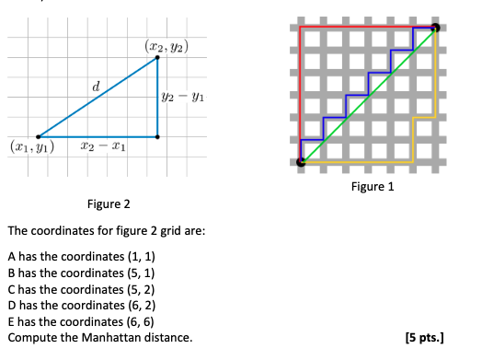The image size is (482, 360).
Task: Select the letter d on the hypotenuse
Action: click(x=96, y=86)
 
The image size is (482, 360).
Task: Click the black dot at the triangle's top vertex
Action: click(x=158, y=58)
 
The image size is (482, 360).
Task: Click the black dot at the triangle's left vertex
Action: click(x=38, y=137)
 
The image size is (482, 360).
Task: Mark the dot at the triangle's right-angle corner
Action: click(x=158, y=137)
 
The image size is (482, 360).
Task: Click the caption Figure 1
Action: click(x=372, y=187)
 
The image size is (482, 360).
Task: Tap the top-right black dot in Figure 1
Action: click(x=435, y=28)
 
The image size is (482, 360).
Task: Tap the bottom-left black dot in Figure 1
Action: click(x=301, y=162)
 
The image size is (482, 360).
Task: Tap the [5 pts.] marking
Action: click(x=423, y=338)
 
